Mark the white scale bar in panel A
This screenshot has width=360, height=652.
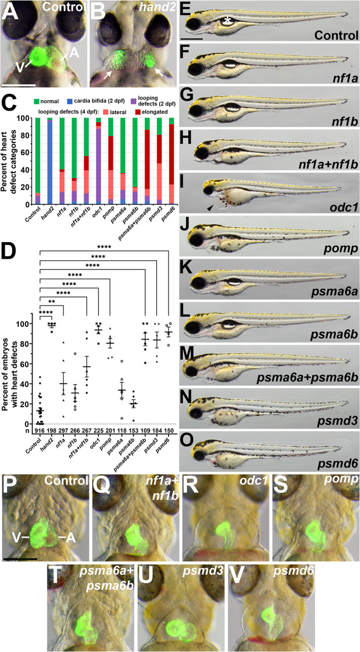pyautogui.click(x=19, y=84)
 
